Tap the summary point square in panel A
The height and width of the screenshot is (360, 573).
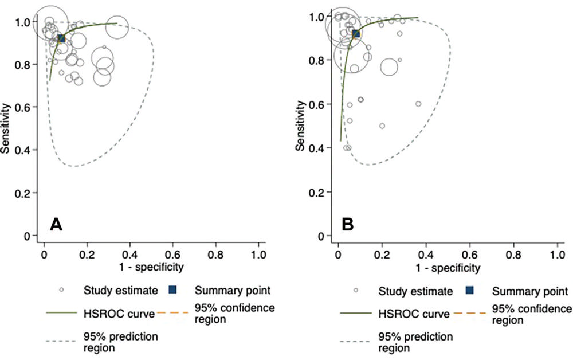click(61, 38)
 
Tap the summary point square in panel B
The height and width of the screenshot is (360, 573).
click(356, 34)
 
